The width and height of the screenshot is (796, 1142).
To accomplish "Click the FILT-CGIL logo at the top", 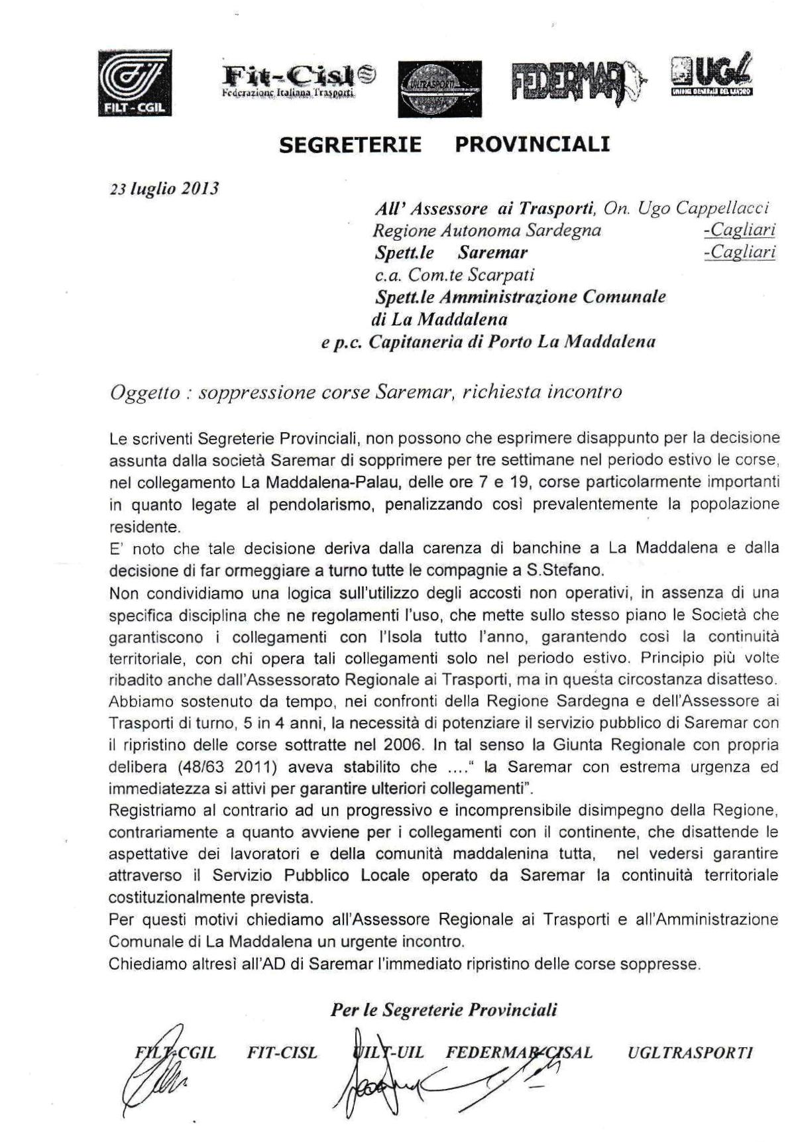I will [x=135, y=83].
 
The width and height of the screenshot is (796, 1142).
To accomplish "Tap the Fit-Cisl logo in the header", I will [x=298, y=82].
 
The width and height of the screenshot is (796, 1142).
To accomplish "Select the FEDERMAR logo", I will [x=577, y=84].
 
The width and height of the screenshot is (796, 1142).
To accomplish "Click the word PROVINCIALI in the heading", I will [x=532, y=144].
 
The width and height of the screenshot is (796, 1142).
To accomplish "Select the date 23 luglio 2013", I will [x=164, y=188].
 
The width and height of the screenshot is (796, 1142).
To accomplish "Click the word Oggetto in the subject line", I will [x=144, y=392].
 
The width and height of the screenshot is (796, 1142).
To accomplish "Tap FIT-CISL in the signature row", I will [x=282, y=1053].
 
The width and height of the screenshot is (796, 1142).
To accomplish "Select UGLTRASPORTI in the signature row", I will [x=689, y=1053].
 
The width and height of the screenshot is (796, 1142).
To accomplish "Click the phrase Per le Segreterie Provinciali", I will [x=443, y=1010].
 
